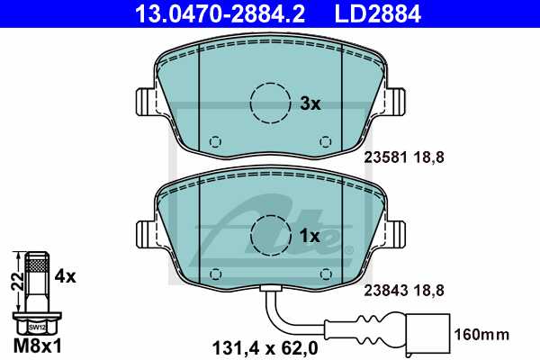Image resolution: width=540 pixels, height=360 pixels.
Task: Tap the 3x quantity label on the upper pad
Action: [310, 103]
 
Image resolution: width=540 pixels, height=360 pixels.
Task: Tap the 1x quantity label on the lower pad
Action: [310, 236]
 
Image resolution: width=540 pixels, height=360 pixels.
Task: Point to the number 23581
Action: [382, 156]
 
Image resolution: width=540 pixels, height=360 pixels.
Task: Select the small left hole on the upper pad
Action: [214, 141]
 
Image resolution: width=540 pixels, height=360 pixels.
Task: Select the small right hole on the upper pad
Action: [325, 141]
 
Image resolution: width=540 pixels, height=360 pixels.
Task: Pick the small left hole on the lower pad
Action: [214, 274]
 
